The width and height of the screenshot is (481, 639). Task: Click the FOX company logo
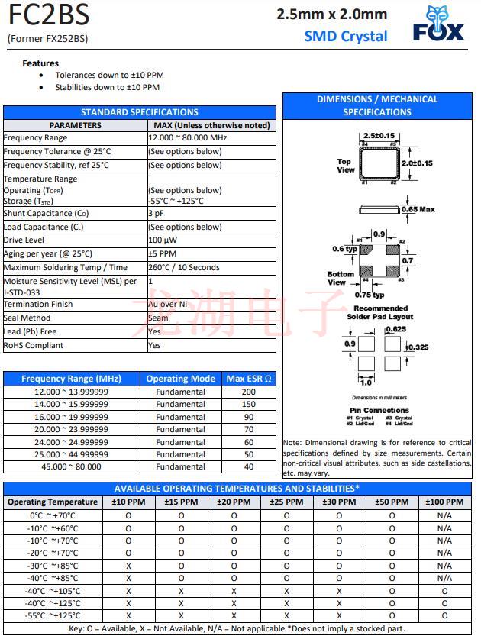point(438,24)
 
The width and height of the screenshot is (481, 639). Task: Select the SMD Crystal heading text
point(345,36)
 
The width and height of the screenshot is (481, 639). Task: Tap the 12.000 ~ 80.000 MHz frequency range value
point(188,138)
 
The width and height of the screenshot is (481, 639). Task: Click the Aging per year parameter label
point(48,254)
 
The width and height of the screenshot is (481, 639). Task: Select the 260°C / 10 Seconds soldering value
point(184,268)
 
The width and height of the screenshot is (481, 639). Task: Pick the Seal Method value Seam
point(158,318)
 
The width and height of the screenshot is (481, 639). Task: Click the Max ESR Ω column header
point(249,379)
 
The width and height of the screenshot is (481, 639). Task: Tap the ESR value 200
point(249,392)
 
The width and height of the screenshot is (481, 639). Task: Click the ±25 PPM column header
point(286,502)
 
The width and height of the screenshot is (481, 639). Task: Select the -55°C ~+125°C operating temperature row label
point(53,615)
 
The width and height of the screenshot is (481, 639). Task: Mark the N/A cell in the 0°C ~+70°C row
point(444,515)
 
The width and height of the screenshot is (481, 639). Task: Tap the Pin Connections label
point(379,411)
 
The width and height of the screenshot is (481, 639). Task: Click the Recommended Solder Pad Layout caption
point(379,312)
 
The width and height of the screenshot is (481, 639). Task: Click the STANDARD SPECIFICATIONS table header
point(140,112)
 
